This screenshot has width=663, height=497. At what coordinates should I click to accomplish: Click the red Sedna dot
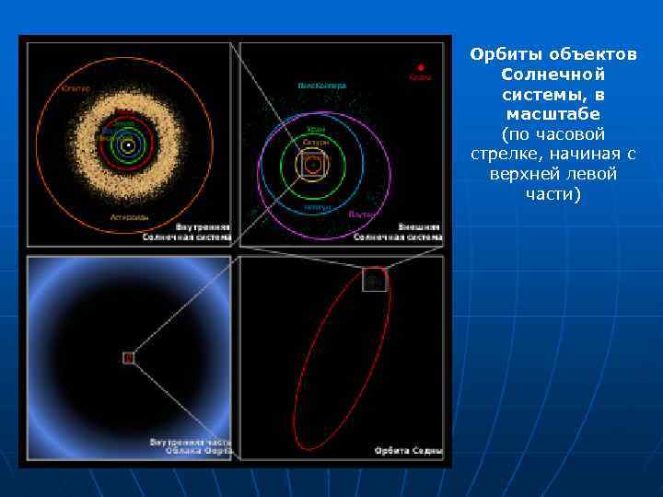(x=421, y=67)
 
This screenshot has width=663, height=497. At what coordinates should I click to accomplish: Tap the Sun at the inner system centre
(x=128, y=144)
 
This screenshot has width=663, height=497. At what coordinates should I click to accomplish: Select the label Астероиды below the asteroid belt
(x=128, y=218)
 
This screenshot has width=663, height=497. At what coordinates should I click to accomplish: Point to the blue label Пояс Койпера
(x=322, y=86)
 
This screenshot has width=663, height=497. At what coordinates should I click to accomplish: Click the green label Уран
(x=316, y=129)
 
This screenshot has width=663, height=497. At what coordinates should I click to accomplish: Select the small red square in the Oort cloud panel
(x=129, y=357)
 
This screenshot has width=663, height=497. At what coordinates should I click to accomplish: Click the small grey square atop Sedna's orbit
(x=374, y=279)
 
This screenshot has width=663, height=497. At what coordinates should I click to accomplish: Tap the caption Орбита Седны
(x=408, y=452)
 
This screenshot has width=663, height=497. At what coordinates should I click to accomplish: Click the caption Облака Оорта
(x=197, y=452)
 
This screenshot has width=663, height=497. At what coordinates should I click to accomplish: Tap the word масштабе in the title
(x=552, y=114)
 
